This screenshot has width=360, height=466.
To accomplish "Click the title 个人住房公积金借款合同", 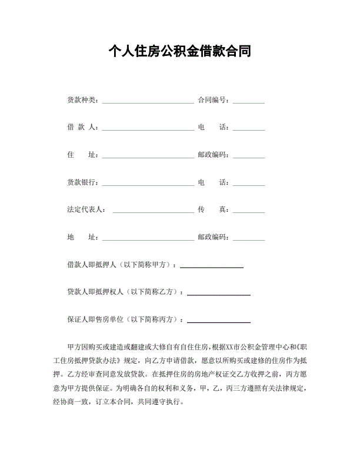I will coord(180,51).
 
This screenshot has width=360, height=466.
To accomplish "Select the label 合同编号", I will coord(213,99).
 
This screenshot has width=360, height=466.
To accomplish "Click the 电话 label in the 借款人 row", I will coord(213,127).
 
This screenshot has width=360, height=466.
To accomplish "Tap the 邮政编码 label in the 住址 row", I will coord(213,155).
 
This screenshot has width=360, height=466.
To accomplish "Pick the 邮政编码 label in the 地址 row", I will coord(213,238).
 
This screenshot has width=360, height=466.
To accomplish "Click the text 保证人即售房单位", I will coord(95,319).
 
